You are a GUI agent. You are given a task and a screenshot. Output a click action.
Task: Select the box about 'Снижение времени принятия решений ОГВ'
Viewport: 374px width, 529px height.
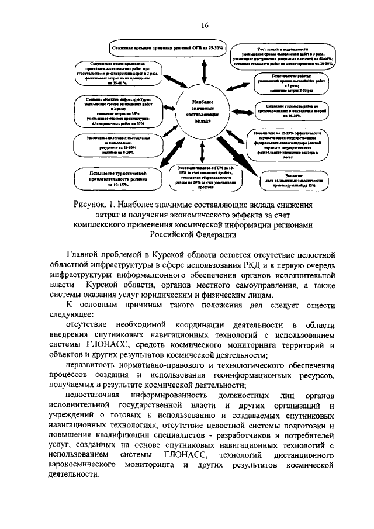point(166,46)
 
